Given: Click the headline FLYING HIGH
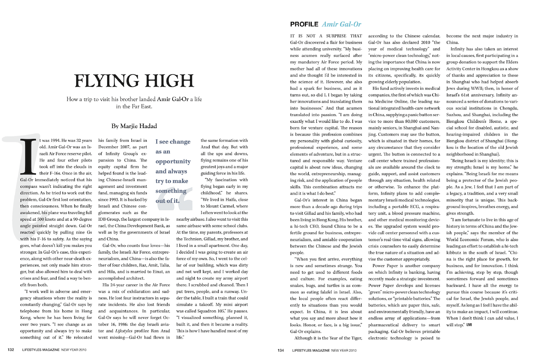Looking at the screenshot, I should tap(134, 81).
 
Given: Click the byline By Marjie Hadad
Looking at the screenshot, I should tap(134, 126).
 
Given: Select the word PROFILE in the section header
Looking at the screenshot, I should tap(304, 24).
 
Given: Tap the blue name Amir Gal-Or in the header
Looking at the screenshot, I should tap(341, 24).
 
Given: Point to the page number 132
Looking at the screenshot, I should tap(11, 350).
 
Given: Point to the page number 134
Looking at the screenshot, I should tap(281, 350).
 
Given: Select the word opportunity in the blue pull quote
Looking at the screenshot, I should tap(173, 162).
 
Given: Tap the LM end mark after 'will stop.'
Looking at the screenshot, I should tap(469, 325).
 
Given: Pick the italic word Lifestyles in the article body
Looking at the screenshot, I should tap(124, 331).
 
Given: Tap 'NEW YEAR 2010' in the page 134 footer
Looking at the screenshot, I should tap(344, 350).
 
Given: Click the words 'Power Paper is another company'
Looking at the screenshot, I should tap(406, 266).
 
